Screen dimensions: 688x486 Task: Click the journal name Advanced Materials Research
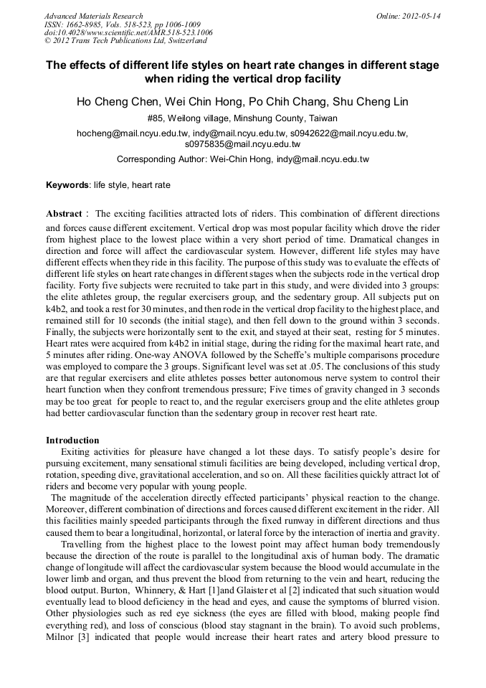(93, 16)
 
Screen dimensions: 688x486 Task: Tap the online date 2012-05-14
(420, 16)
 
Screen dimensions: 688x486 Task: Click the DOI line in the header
(128, 33)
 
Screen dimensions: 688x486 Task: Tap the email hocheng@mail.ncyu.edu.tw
(133, 133)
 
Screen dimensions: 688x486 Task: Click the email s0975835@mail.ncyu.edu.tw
(242, 143)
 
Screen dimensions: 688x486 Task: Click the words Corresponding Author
(161, 159)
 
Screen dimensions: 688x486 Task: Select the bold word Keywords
(67, 185)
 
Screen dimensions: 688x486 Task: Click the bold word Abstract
(64, 214)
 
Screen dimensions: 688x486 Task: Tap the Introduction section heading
(72, 440)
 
